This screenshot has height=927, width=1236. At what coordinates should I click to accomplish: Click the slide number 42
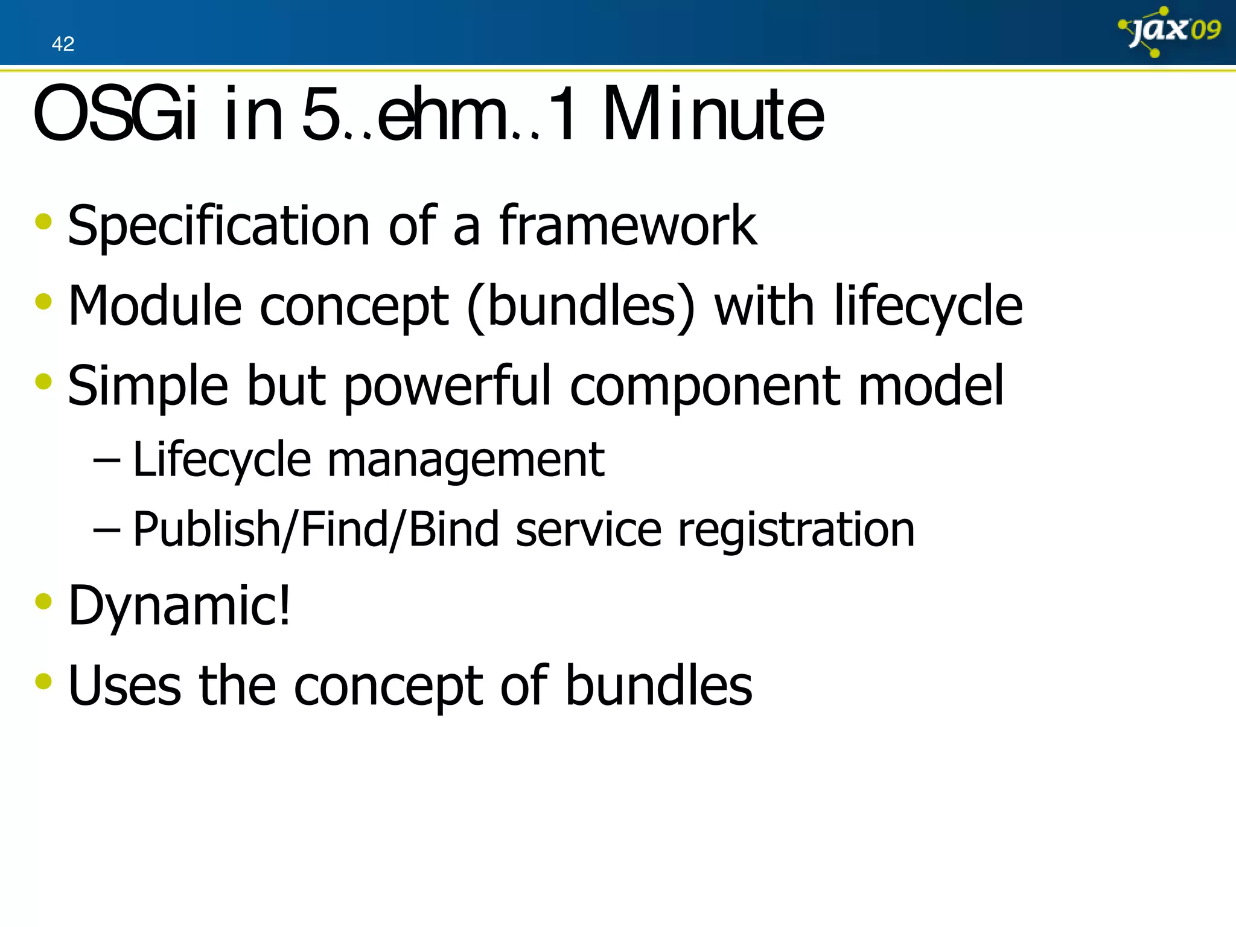(63, 44)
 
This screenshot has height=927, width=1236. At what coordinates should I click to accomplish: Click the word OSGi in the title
(115, 115)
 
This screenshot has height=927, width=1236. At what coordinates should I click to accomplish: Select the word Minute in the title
(713, 115)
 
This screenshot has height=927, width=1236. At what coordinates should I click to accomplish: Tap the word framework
(628, 226)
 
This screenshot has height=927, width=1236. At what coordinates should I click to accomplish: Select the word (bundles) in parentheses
(581, 307)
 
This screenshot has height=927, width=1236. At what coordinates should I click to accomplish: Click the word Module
(154, 307)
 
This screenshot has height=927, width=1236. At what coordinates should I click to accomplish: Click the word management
(465, 460)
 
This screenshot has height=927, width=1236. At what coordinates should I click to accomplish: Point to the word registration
(796, 529)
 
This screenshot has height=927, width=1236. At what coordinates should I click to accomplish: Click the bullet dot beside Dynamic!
(43, 601)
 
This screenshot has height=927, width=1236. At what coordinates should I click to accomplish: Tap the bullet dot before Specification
(43, 221)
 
